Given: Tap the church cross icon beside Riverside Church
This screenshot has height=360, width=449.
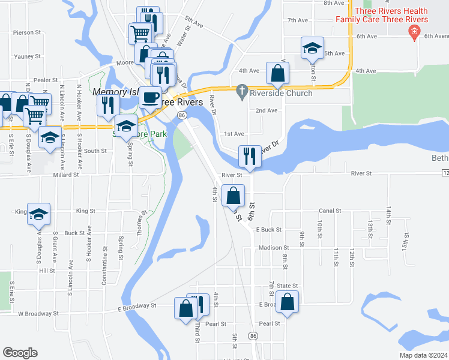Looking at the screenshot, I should point(242,92).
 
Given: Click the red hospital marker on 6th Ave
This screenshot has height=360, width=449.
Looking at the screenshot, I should point(414,32).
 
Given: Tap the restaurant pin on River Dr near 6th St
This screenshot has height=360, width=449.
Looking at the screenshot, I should point(250,156).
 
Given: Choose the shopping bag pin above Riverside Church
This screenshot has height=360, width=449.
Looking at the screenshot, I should point(278,74).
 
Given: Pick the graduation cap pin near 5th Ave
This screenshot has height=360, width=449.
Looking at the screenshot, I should point(312,48).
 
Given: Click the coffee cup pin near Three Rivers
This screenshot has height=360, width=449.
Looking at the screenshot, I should point(150,97).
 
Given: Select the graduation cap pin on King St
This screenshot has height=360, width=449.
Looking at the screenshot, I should point(39,214).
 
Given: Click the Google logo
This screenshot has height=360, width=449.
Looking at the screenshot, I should point(20,353).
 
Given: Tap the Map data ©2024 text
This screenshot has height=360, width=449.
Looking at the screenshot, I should point(423,355).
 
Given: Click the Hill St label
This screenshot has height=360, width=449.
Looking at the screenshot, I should point(47,271).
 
